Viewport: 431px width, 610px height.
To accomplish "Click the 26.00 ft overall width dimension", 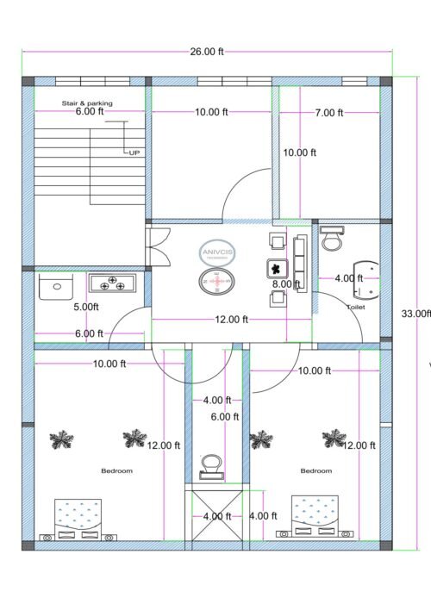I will coord(207,52).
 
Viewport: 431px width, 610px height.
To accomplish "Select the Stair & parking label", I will coord(87,103).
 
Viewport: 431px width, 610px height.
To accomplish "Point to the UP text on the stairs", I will coord(134,152).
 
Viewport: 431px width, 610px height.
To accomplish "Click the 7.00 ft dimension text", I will coord(328,113).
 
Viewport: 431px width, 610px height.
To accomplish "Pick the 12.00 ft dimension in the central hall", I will coord(231,319).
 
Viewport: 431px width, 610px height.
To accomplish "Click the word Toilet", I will coord(356,307).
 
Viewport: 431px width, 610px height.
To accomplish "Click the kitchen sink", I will coord(58,286).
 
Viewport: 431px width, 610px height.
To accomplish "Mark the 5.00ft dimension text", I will coord(85,307).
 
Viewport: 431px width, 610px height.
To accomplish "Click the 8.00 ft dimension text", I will coord(286,283).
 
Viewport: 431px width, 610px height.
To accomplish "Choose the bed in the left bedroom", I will coord(78,519).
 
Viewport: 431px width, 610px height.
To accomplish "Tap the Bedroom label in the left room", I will coord(116,471).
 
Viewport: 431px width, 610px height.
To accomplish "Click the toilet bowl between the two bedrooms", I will coord(210,467).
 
